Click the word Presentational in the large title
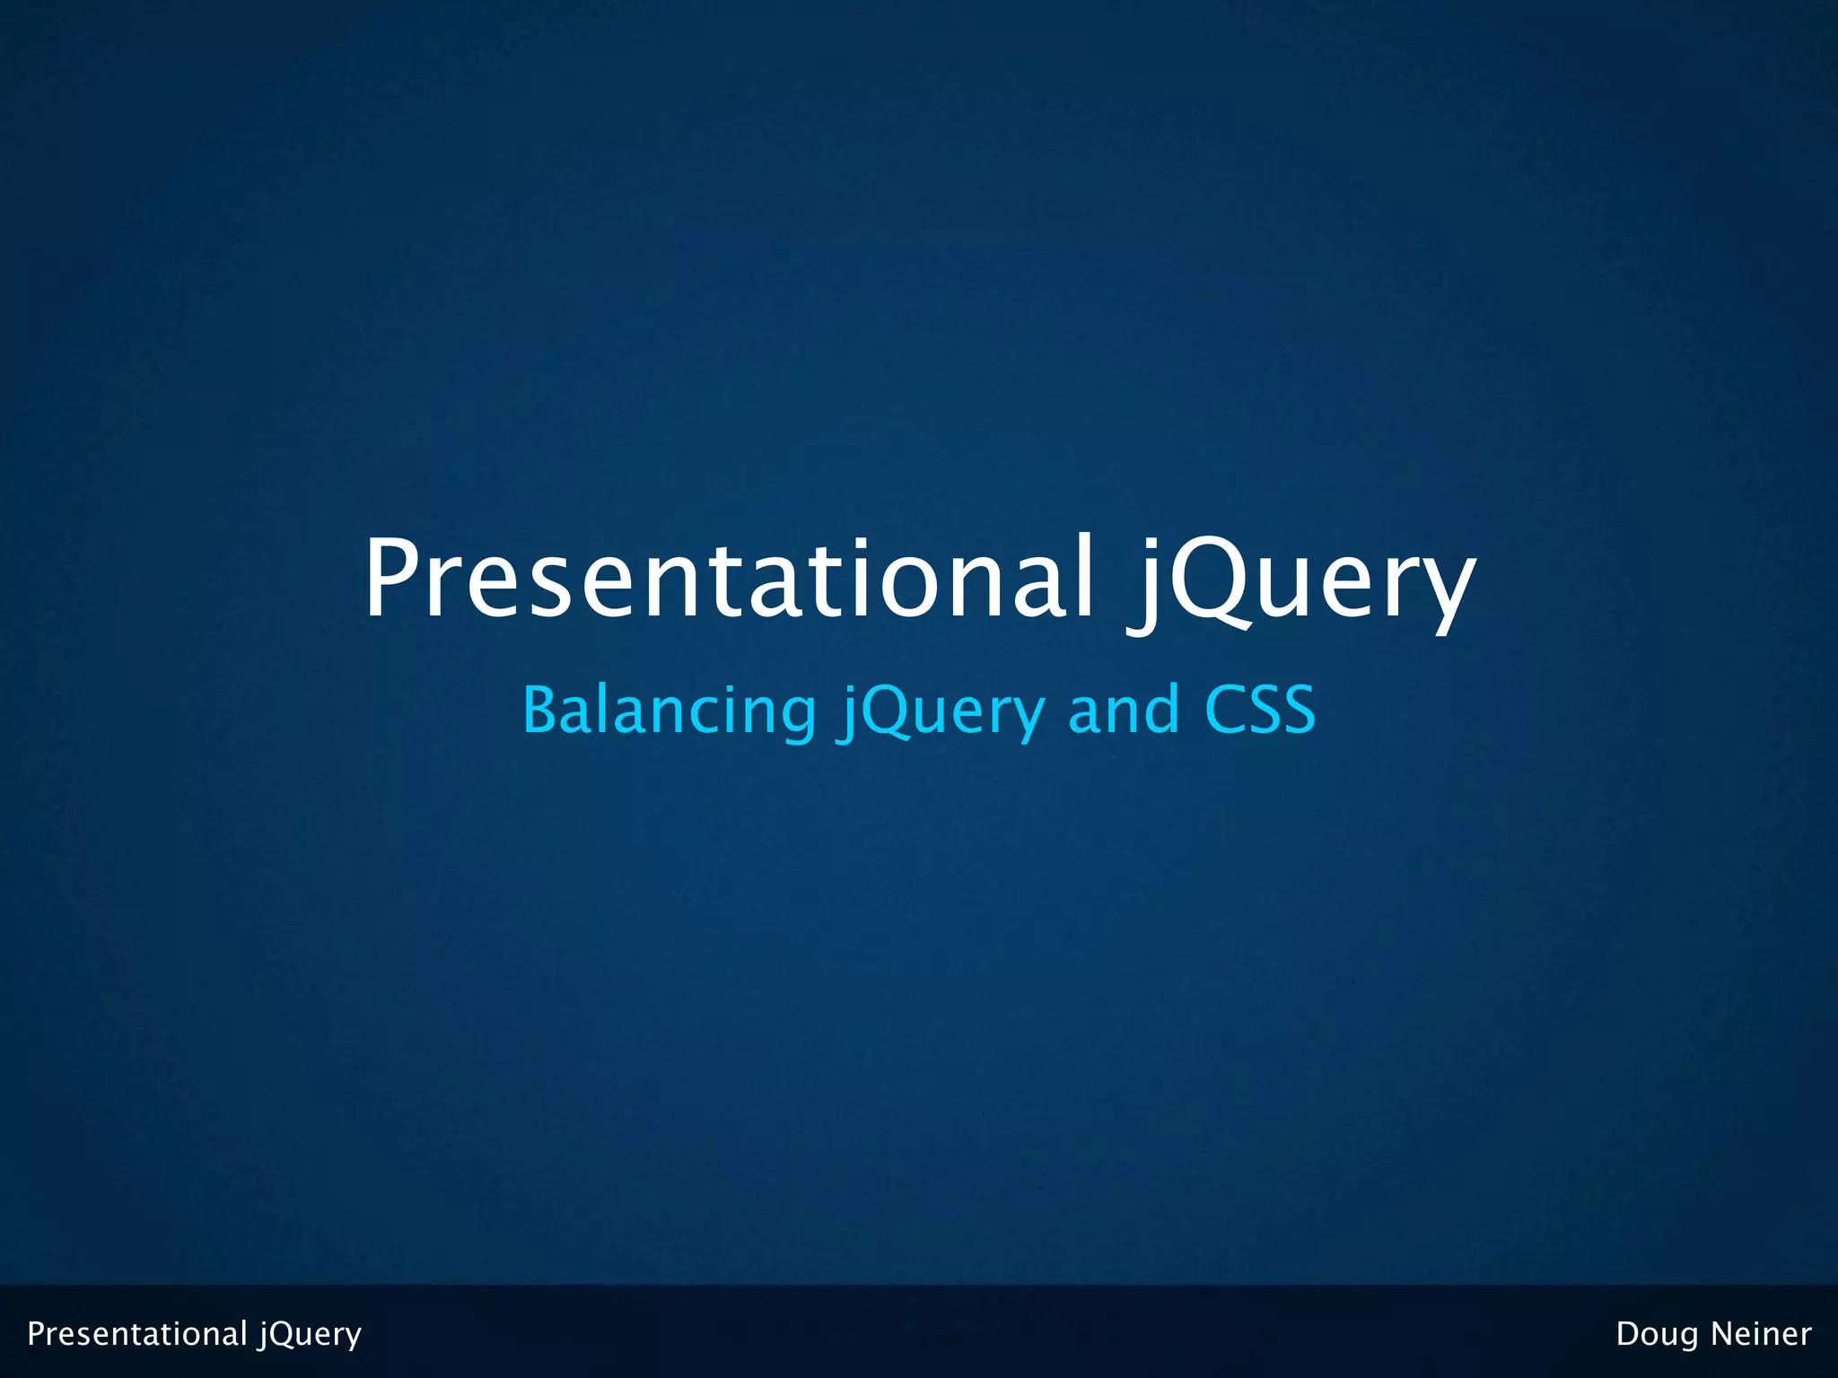point(727,579)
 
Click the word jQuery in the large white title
point(1301,583)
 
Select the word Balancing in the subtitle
point(669,710)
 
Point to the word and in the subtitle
point(1124,710)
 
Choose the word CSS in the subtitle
point(1259,710)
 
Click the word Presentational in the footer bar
point(137,1334)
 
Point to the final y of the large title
point(1441,592)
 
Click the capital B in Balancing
point(542,710)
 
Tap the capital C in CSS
point(1225,710)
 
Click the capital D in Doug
point(1628,1334)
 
